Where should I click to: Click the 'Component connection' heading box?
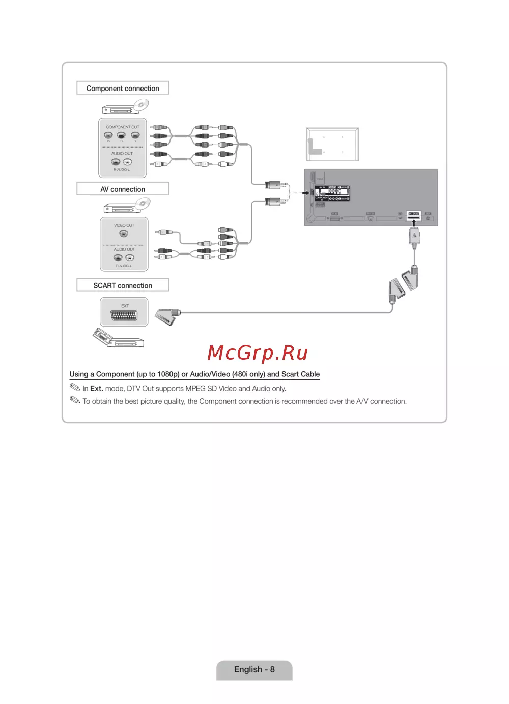123,88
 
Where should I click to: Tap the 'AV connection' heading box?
123,189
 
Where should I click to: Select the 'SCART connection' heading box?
123,285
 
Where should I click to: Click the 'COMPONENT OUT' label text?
122,127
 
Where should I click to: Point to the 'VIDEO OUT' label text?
124,225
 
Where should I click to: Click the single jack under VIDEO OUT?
124,234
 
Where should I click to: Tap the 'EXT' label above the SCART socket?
125,306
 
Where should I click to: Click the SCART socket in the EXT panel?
124,315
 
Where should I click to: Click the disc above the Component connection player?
141,105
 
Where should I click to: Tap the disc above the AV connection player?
143,203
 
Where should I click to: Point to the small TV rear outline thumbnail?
332,144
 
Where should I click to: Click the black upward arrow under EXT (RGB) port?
414,223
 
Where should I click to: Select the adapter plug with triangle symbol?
415,236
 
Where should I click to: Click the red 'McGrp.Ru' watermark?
258,353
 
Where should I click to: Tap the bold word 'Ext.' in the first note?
97,389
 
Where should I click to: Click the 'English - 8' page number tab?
254,669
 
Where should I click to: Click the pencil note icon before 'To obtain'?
75,400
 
